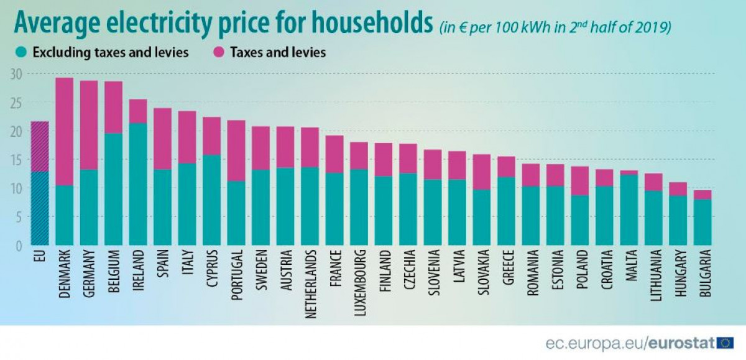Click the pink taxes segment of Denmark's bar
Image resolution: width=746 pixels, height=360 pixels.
(65, 131)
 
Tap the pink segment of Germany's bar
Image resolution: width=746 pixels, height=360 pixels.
(90, 125)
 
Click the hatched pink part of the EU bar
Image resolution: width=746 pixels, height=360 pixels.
(40, 146)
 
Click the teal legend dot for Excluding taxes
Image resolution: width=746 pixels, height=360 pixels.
(22, 53)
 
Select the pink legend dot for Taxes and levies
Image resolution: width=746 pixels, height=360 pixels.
(219, 53)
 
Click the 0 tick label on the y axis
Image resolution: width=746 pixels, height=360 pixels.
(19, 246)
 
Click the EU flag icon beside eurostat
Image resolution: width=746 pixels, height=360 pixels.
(725, 342)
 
